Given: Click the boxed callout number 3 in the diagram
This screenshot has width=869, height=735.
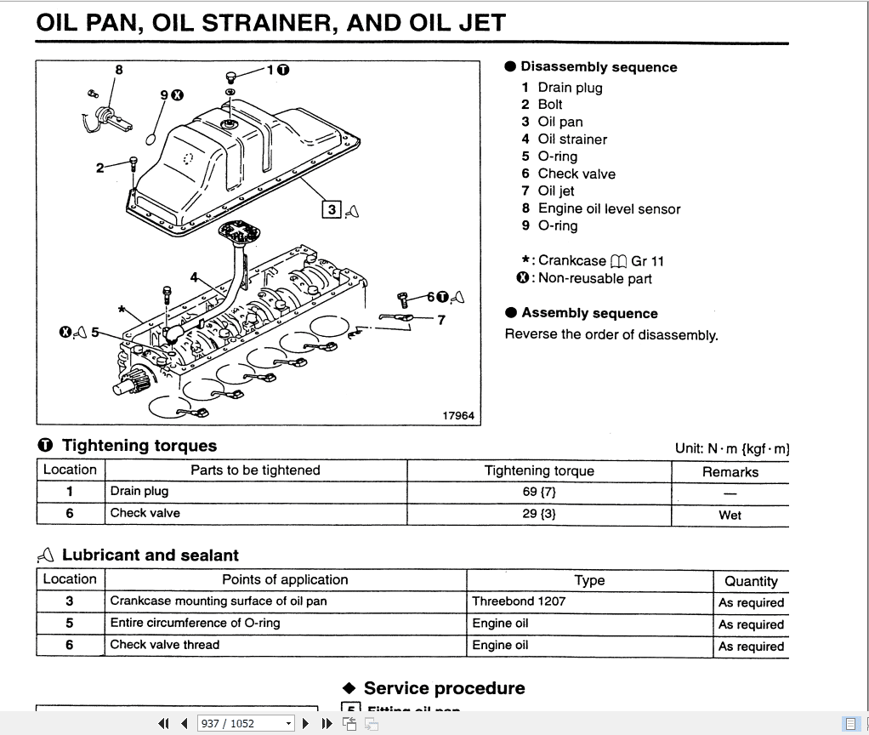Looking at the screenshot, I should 332,208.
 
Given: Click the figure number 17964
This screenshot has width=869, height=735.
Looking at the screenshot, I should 458,415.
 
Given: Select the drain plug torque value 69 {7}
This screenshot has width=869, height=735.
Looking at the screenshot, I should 539,491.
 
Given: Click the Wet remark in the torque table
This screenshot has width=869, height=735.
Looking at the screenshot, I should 730,515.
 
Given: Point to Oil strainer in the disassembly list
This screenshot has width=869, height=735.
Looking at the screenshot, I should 572,139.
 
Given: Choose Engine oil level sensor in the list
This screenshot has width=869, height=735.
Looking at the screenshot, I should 609,208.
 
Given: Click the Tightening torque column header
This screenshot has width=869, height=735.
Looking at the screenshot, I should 539,470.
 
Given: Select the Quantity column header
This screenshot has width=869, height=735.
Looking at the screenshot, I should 751,581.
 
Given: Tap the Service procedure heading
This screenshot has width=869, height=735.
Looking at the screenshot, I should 444,688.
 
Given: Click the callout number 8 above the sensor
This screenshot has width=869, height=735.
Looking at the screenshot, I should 119,70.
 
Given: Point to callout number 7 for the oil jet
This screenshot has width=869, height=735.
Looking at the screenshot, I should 440,320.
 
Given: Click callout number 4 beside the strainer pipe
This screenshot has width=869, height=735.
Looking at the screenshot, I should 195,277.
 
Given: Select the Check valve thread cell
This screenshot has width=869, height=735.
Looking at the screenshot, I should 165,645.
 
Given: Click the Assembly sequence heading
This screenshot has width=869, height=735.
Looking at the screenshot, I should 589,313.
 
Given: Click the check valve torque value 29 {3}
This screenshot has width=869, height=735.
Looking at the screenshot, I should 539,513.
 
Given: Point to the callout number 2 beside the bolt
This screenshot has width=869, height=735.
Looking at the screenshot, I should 100,168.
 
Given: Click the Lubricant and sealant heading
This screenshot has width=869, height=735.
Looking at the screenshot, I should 150,556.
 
